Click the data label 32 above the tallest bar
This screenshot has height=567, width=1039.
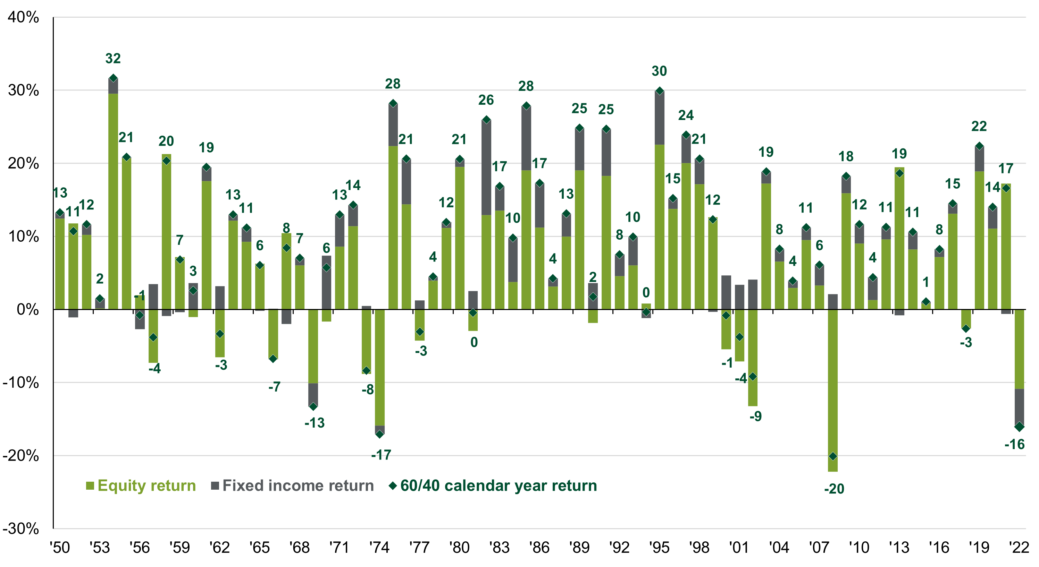tap(113, 59)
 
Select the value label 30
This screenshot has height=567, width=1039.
tap(659, 71)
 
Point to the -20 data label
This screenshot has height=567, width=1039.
tap(834, 489)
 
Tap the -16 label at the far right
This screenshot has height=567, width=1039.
tap(1014, 445)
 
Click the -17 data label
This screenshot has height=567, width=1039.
tap(382, 455)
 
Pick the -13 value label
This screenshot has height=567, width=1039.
tap(315, 423)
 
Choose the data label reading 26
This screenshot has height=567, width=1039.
tap(486, 100)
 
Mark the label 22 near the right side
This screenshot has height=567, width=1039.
tap(979, 127)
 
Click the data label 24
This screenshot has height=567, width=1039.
tap(686, 116)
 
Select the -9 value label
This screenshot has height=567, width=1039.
tap(755, 416)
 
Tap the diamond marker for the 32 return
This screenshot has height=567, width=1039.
tap(113, 78)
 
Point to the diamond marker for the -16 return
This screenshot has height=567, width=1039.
tap(1019, 427)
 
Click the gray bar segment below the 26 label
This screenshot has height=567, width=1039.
tap(486, 167)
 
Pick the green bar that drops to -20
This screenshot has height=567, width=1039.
tap(833, 387)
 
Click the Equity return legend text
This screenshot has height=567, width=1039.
tap(147, 486)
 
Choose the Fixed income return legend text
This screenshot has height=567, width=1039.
tap(298, 486)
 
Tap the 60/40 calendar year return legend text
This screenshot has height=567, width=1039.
tap(498, 486)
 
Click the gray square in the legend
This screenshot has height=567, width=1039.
tap(215, 486)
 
